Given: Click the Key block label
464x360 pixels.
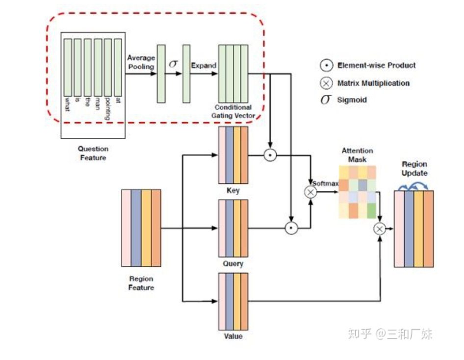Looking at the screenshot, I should coord(233,190).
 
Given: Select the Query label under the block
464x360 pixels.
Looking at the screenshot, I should coord(233,263).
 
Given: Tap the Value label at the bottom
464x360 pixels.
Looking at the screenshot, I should coord(233,336).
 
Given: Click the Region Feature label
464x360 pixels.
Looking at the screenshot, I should coord(141,283).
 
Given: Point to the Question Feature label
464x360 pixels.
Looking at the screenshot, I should coord(93,153).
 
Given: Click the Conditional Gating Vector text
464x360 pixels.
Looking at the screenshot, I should coord(233,111).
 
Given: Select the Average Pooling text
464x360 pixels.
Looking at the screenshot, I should coord(141,62).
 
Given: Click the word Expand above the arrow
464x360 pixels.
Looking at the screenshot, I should coord(204,65).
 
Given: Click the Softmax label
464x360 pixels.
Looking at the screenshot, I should coord(326,183).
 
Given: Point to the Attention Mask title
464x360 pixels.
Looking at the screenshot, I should coord(357,155).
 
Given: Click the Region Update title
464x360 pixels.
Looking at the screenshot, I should coord(414,168).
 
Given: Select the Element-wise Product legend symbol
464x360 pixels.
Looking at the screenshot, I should coord(326,66).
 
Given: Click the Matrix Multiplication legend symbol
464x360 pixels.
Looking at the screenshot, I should coord(326,83).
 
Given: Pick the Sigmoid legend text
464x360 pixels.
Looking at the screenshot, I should coord(352,100).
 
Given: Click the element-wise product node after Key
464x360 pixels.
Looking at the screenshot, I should coord(270,155).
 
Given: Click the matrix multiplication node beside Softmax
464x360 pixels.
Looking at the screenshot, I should coord(310,192).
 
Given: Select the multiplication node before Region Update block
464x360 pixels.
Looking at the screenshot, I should coord(380,229).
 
